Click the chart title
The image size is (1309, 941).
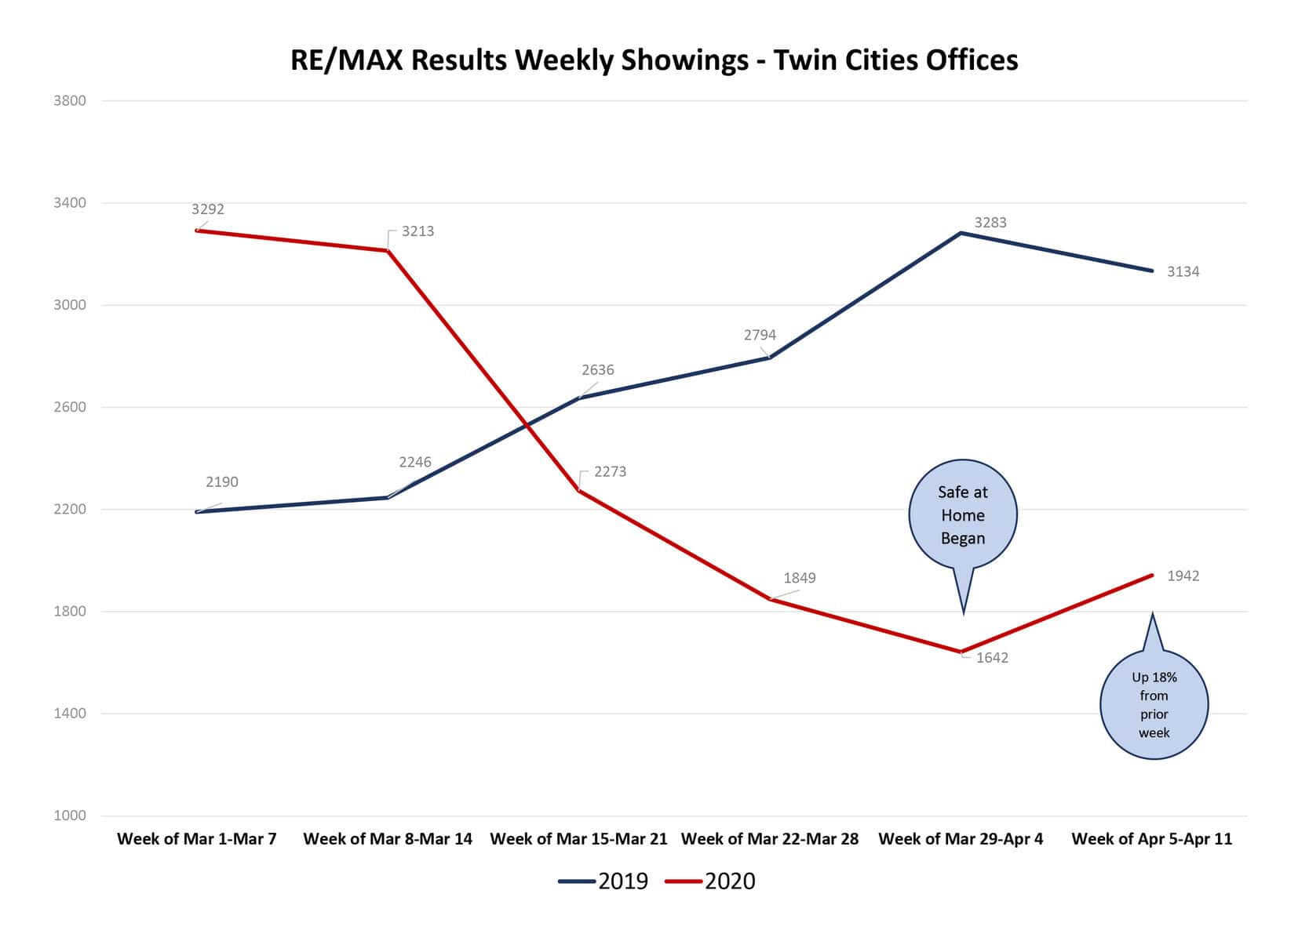tap(654, 60)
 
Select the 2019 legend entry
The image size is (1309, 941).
tap(604, 881)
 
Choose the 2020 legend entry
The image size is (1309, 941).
tap(711, 881)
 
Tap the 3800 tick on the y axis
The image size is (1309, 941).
tap(70, 100)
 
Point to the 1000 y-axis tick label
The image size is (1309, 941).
tap(70, 816)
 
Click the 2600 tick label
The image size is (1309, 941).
tap(70, 407)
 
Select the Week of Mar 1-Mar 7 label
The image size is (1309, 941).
tap(197, 839)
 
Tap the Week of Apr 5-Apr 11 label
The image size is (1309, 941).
tap(1151, 839)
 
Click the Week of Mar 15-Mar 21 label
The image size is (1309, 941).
tap(578, 839)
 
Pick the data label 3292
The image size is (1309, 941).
tap(208, 209)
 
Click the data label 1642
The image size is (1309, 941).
tap(992, 658)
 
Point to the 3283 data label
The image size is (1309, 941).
tap(990, 223)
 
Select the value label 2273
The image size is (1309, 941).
tap(610, 472)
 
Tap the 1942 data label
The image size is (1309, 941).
tap(1183, 576)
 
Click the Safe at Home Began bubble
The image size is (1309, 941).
tap(963, 514)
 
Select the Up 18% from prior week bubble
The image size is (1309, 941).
tap(1154, 704)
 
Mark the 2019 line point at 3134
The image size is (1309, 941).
tap(1152, 271)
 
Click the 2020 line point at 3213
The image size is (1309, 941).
tap(388, 251)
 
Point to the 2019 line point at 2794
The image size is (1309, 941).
tap(770, 358)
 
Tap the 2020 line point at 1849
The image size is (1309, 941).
tap(771, 600)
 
